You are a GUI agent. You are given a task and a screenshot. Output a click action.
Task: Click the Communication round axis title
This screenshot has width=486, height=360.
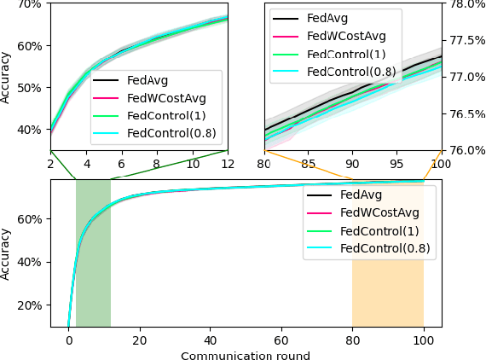pyautogui.click(x=246, y=356)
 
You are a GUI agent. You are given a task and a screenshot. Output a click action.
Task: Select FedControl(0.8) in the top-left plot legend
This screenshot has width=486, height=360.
pyautogui.click(x=171, y=134)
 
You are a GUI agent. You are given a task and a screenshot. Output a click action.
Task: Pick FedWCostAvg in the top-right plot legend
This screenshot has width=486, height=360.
pyautogui.click(x=346, y=36)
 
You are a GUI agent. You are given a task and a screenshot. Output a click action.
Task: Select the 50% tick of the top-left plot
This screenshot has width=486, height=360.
pyautogui.click(x=30, y=87)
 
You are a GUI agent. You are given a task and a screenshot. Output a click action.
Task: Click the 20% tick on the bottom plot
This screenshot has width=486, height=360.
pyautogui.click(x=30, y=305)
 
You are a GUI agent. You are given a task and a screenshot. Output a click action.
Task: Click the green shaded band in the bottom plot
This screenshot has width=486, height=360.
pyautogui.click(x=93, y=253)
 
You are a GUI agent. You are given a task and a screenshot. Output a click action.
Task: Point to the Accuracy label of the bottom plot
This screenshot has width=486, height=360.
pyautogui.click(x=7, y=253)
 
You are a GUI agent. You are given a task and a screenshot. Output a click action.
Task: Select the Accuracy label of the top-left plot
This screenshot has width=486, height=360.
pyautogui.click(x=7, y=78)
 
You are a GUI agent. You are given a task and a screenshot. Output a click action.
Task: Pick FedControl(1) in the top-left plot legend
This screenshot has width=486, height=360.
pyautogui.click(x=165, y=116)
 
